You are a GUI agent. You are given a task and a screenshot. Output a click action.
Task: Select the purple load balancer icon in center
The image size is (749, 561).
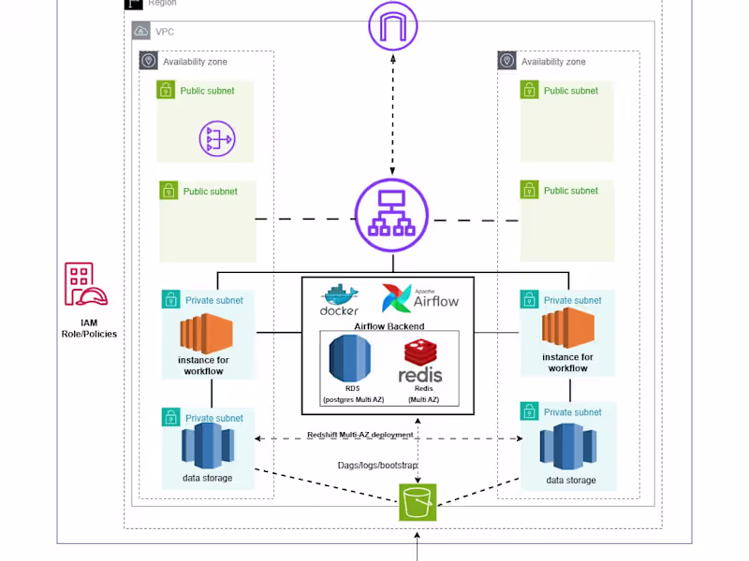pos(392,218)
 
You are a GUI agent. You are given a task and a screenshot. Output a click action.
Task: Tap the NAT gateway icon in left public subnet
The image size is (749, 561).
pos(217,139)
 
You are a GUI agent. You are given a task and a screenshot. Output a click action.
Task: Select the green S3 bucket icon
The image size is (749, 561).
pos(418,501)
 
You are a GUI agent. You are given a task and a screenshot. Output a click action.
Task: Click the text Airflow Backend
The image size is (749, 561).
pos(389,326)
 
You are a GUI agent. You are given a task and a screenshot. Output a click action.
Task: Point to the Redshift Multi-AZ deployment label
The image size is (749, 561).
pos(360,435)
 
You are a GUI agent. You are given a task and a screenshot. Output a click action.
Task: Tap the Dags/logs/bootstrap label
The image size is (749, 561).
pos(377,465)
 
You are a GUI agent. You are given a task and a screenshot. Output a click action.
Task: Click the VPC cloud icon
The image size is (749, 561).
pos(141,31)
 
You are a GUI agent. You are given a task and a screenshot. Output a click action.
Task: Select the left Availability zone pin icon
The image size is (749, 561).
pos(148,62)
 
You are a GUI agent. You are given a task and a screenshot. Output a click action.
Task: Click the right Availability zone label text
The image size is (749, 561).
pos(553,62)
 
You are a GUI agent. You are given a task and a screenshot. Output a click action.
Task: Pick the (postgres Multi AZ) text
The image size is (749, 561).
pos(352,399)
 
